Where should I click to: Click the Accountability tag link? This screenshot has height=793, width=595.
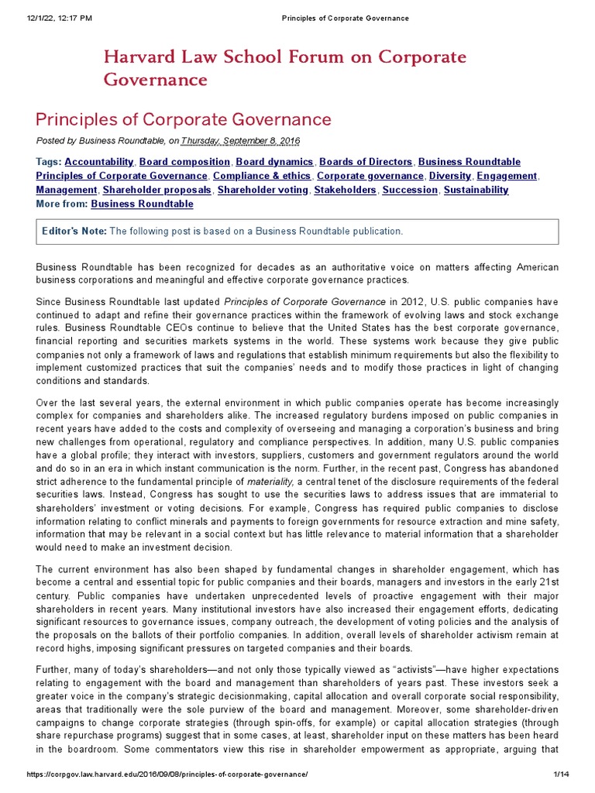click(99, 162)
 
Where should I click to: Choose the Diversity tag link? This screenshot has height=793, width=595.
click(450, 176)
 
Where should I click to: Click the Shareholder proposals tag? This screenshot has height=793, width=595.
click(156, 190)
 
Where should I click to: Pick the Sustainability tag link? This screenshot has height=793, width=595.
click(476, 190)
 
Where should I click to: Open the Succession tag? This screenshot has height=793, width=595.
click(410, 190)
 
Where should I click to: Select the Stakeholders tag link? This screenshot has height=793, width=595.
click(345, 190)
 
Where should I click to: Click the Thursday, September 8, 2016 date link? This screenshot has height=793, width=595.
click(240, 140)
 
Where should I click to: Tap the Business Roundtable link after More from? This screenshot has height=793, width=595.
click(142, 204)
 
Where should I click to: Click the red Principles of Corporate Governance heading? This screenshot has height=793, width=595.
click(184, 119)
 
